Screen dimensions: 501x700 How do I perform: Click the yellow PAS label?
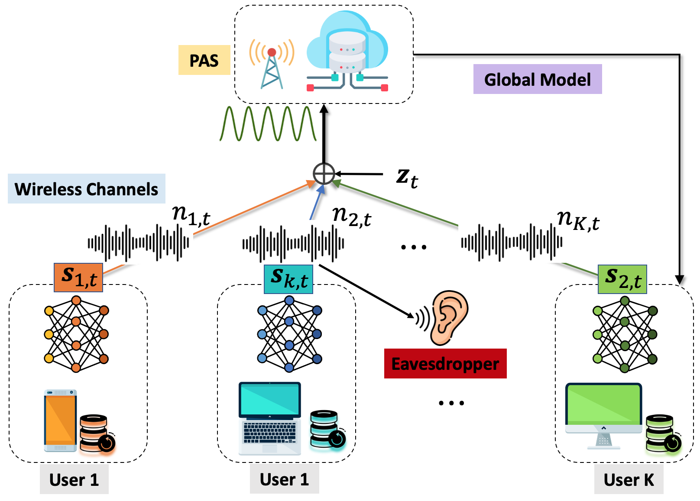tap(204, 60)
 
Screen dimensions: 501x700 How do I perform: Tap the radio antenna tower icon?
tap(272, 65)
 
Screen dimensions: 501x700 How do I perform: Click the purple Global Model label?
tap(537, 79)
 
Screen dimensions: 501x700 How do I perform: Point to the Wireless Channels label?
tap(86, 189)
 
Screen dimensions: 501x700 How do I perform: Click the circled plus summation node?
tap(324, 174)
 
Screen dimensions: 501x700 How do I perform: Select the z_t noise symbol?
tap(406, 177)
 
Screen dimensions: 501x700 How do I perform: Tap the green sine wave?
tap(268, 124)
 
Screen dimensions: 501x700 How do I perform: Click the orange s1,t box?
tap(78, 278)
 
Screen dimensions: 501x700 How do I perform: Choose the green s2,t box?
tap(622, 279)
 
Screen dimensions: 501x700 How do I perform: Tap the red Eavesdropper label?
tap(445, 364)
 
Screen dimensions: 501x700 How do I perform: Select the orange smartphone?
tap(60, 420)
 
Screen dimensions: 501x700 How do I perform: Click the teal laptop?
tap(269, 418)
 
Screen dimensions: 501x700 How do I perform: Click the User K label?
tap(628, 479)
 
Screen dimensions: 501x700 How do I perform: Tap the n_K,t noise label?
tap(578, 220)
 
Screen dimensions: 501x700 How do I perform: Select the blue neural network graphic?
tap(289, 334)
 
